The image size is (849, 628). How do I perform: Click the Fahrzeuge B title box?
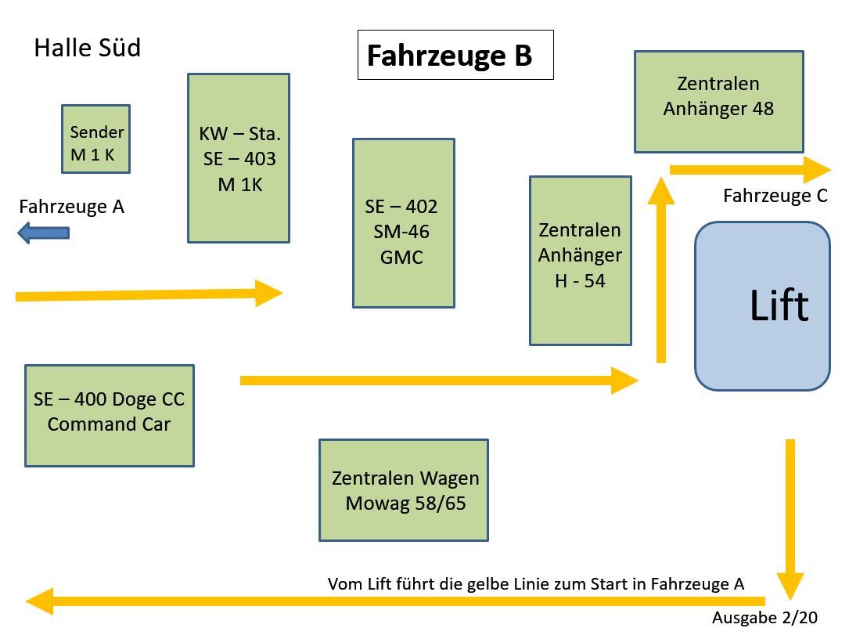pos(455,55)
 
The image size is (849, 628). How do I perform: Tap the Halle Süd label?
pos(87,48)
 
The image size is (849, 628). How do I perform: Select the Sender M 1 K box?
pos(95,139)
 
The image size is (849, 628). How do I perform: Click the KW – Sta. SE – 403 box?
pos(239,158)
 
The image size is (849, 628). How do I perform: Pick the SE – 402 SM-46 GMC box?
pos(403,223)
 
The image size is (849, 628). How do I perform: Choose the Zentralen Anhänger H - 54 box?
pos(580,260)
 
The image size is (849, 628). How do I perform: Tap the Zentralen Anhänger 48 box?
pos(718,102)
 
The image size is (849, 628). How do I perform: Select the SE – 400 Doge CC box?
pos(109,415)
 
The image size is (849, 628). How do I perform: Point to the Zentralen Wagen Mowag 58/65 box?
pos(403,490)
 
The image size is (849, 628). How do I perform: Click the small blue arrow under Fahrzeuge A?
pos(44,233)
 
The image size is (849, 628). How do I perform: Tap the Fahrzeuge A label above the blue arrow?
pos(71,207)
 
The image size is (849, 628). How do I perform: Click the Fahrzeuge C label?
pos(775,196)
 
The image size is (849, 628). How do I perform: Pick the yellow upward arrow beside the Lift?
pos(661,270)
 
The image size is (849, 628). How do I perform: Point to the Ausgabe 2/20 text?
pos(764,618)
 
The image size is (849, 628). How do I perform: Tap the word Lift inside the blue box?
pos(779,305)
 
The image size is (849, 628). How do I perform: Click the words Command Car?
pos(109,424)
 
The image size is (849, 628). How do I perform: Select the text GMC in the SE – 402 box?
pos(401,257)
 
